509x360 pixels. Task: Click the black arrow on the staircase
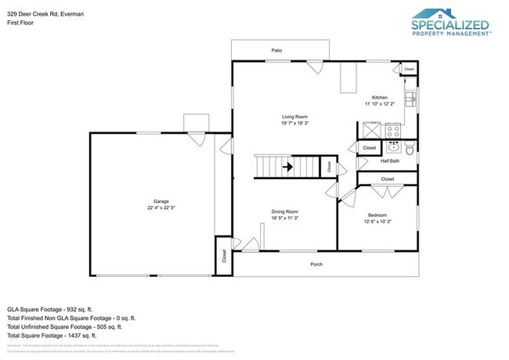[x=287, y=166]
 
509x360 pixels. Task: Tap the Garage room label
[x=161, y=201]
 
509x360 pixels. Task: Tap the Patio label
[x=276, y=50]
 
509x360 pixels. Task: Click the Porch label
[x=316, y=264]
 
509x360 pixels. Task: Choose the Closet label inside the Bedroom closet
[x=388, y=179]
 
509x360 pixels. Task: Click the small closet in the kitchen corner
[x=409, y=70]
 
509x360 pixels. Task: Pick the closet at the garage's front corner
[x=224, y=257]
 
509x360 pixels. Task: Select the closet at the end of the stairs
[x=329, y=166]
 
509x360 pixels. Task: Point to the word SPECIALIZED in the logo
[x=450, y=25]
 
